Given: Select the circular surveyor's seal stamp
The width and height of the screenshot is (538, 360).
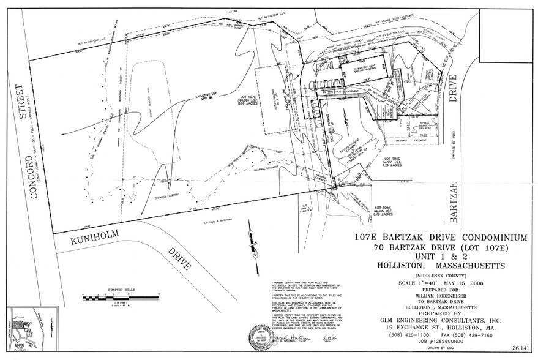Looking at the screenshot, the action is click(259, 336).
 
